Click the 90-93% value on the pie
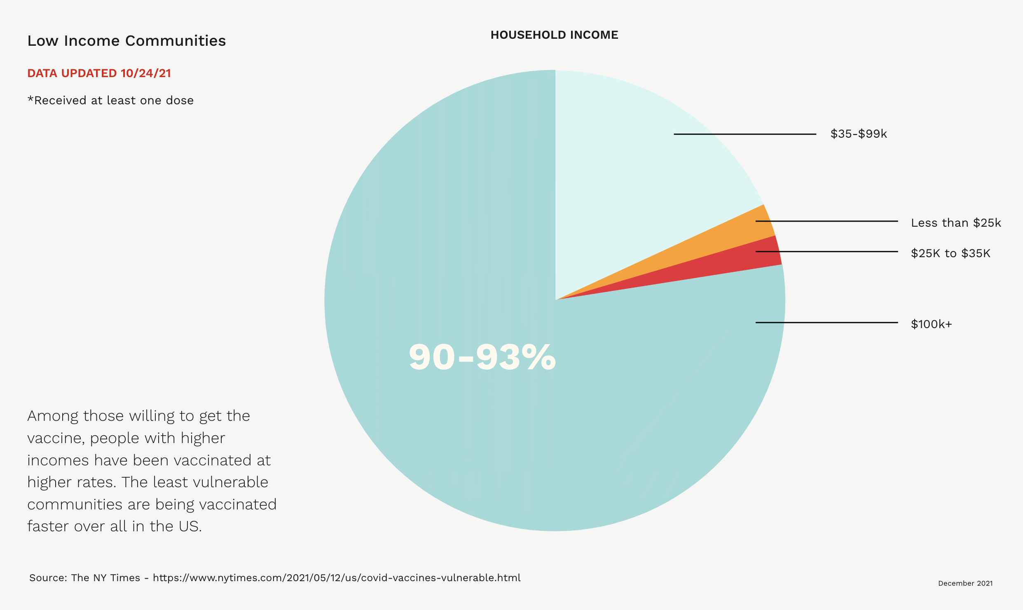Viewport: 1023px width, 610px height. click(x=482, y=357)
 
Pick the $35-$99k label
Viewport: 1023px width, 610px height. click(x=859, y=134)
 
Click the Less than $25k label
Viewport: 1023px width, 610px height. click(x=956, y=223)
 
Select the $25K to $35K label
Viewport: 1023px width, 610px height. click(x=950, y=253)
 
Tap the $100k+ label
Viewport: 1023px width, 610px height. click(x=931, y=324)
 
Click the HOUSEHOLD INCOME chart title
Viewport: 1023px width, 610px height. click(x=554, y=35)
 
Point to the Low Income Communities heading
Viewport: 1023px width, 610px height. click(x=126, y=41)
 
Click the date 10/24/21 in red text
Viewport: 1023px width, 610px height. click(x=146, y=73)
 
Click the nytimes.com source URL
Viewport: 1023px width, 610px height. click(x=337, y=578)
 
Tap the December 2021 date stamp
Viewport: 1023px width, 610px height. click(x=965, y=583)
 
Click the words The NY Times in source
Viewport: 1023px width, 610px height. click(x=105, y=578)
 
